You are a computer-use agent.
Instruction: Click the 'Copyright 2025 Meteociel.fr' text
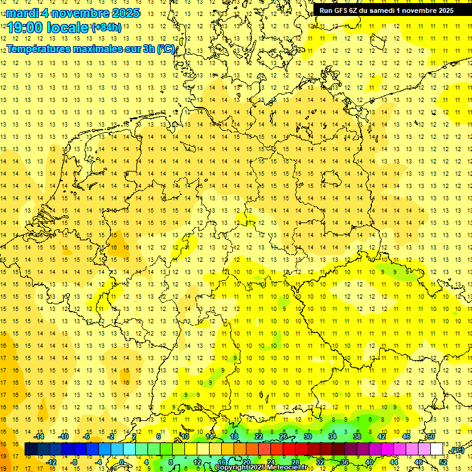click(261, 468)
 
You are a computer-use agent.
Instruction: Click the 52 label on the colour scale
click(443, 462)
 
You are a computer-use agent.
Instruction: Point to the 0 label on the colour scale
click(122, 462)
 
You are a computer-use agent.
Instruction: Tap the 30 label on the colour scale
click(307, 436)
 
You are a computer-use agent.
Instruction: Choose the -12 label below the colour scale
click(52, 462)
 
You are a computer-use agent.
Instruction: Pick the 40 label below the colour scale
click(369, 462)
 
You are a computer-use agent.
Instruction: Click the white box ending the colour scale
click(436, 449)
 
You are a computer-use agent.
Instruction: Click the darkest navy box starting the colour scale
click(30, 449)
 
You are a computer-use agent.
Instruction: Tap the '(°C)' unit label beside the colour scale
click(456, 449)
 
